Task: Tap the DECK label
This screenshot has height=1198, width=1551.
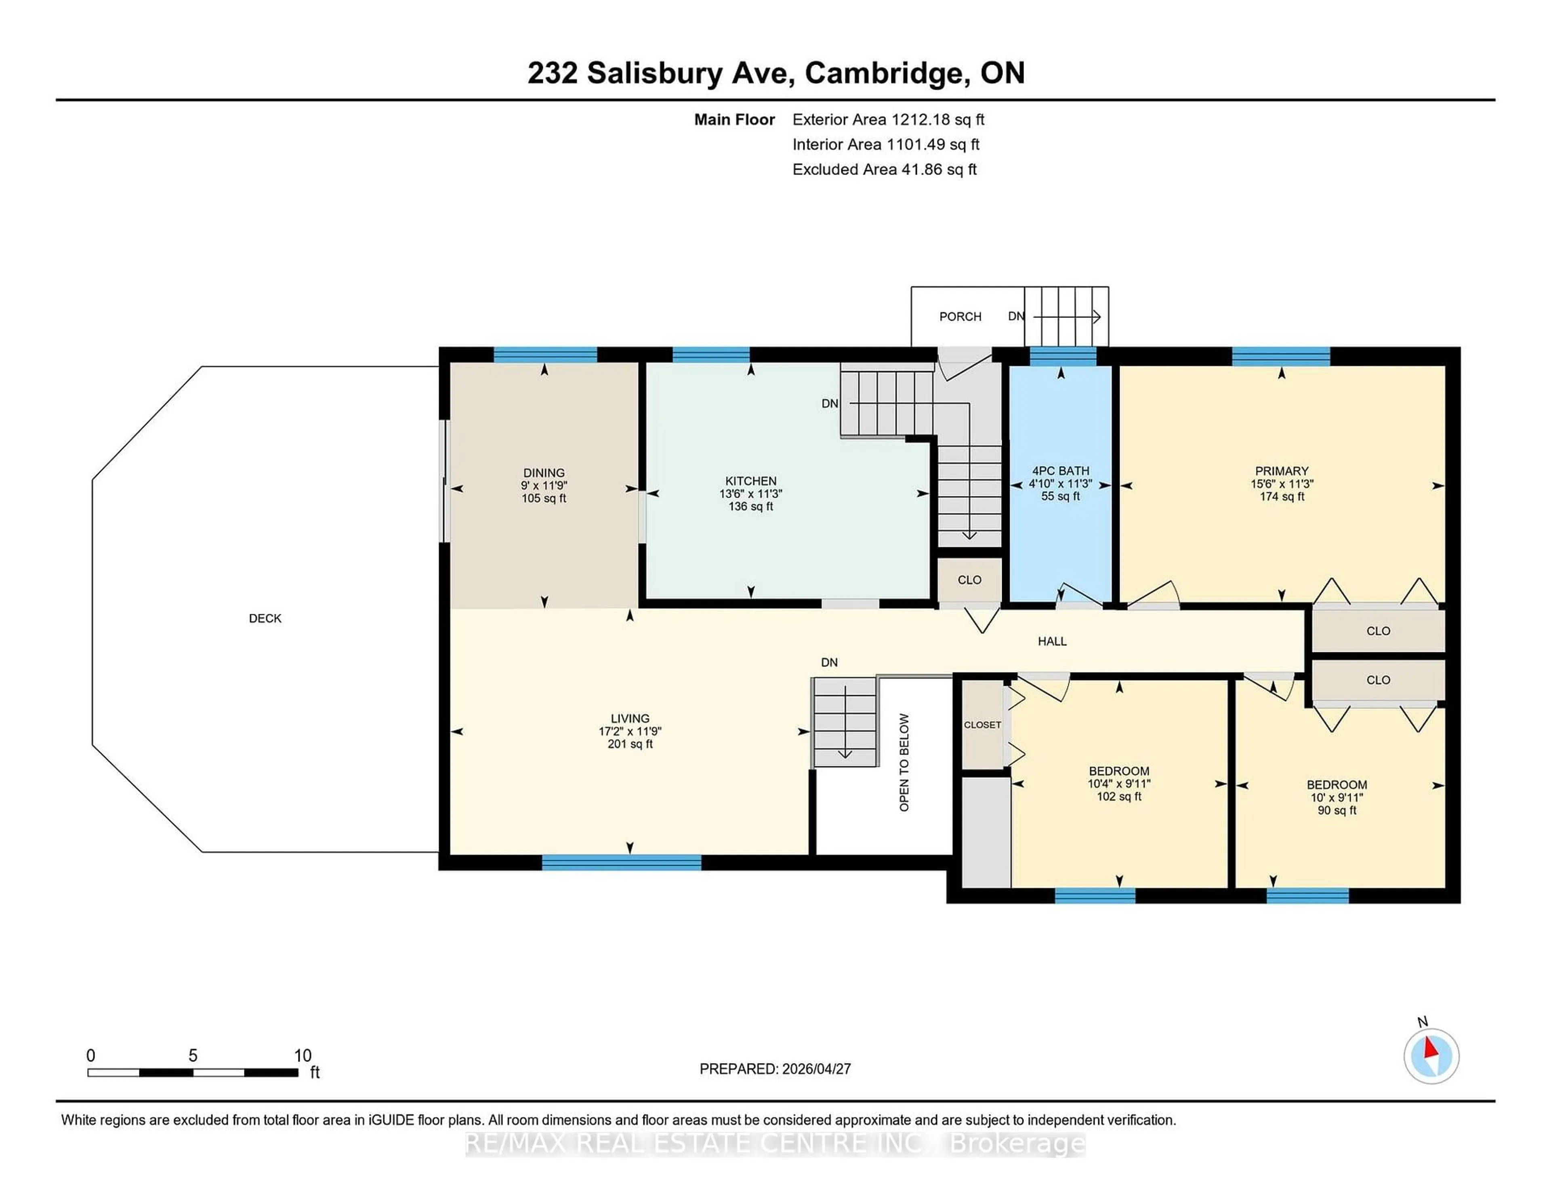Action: tap(265, 618)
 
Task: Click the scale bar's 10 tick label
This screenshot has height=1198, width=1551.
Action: tap(303, 1055)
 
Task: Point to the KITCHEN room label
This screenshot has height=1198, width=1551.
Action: tap(750, 481)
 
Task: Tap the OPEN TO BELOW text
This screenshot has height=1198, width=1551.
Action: tap(904, 762)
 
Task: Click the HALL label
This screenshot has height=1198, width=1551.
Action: tap(1052, 641)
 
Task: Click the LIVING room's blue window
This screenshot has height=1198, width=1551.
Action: tap(621, 862)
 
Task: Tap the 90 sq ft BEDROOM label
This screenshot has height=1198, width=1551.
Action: tap(1337, 785)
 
